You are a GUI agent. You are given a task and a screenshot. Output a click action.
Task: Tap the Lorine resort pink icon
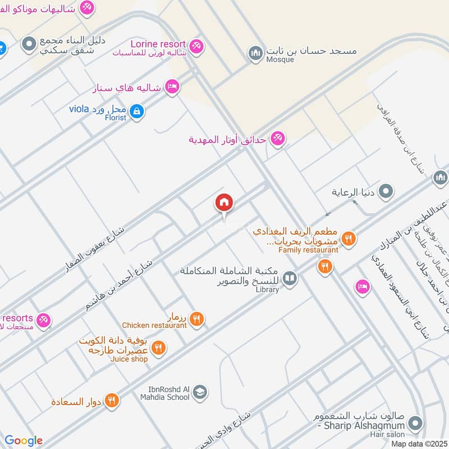[196, 46]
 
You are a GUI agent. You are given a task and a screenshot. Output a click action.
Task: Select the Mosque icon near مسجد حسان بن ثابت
[256, 53]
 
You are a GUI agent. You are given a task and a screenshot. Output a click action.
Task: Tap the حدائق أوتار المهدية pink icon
[277, 138]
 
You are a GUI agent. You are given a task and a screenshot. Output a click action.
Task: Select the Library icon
[290, 278]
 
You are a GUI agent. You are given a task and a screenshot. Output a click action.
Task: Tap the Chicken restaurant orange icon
[196, 319]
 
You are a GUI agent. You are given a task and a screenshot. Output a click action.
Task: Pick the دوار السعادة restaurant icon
[112, 401]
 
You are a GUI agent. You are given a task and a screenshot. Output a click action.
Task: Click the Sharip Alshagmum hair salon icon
[415, 423]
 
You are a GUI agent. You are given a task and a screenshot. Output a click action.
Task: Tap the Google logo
[24, 441]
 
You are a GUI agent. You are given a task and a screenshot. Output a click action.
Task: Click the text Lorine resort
[158, 44]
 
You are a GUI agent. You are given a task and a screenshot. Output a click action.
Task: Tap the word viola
[80, 108]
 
